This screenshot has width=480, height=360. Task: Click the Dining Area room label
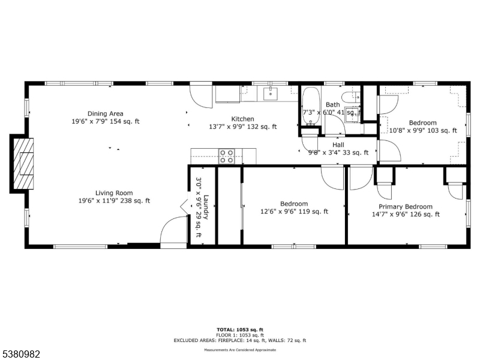pyautogui.click(x=105, y=113)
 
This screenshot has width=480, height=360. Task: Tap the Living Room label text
pyautogui.click(x=113, y=193)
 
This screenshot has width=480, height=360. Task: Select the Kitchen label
pyautogui.click(x=243, y=119)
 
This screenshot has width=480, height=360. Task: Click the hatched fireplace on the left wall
pyautogui.click(x=24, y=163)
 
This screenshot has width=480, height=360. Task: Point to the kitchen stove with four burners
pyautogui.click(x=226, y=157)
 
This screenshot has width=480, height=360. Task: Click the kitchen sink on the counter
pyautogui.click(x=271, y=93)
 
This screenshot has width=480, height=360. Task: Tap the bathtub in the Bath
pyautogui.click(x=311, y=106)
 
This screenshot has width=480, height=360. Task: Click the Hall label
pyautogui.click(x=338, y=145)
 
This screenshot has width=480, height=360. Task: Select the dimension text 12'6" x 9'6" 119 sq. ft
pyautogui.click(x=294, y=211)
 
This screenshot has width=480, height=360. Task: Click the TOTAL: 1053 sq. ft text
pyautogui.click(x=239, y=329)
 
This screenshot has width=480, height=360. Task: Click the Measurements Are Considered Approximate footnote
pyautogui.click(x=239, y=349)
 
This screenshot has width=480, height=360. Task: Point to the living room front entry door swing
pyautogui.click(x=172, y=230)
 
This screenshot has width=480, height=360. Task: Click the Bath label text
pyautogui.click(x=332, y=104)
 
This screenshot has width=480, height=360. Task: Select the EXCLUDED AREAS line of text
pyautogui.click(x=239, y=340)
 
